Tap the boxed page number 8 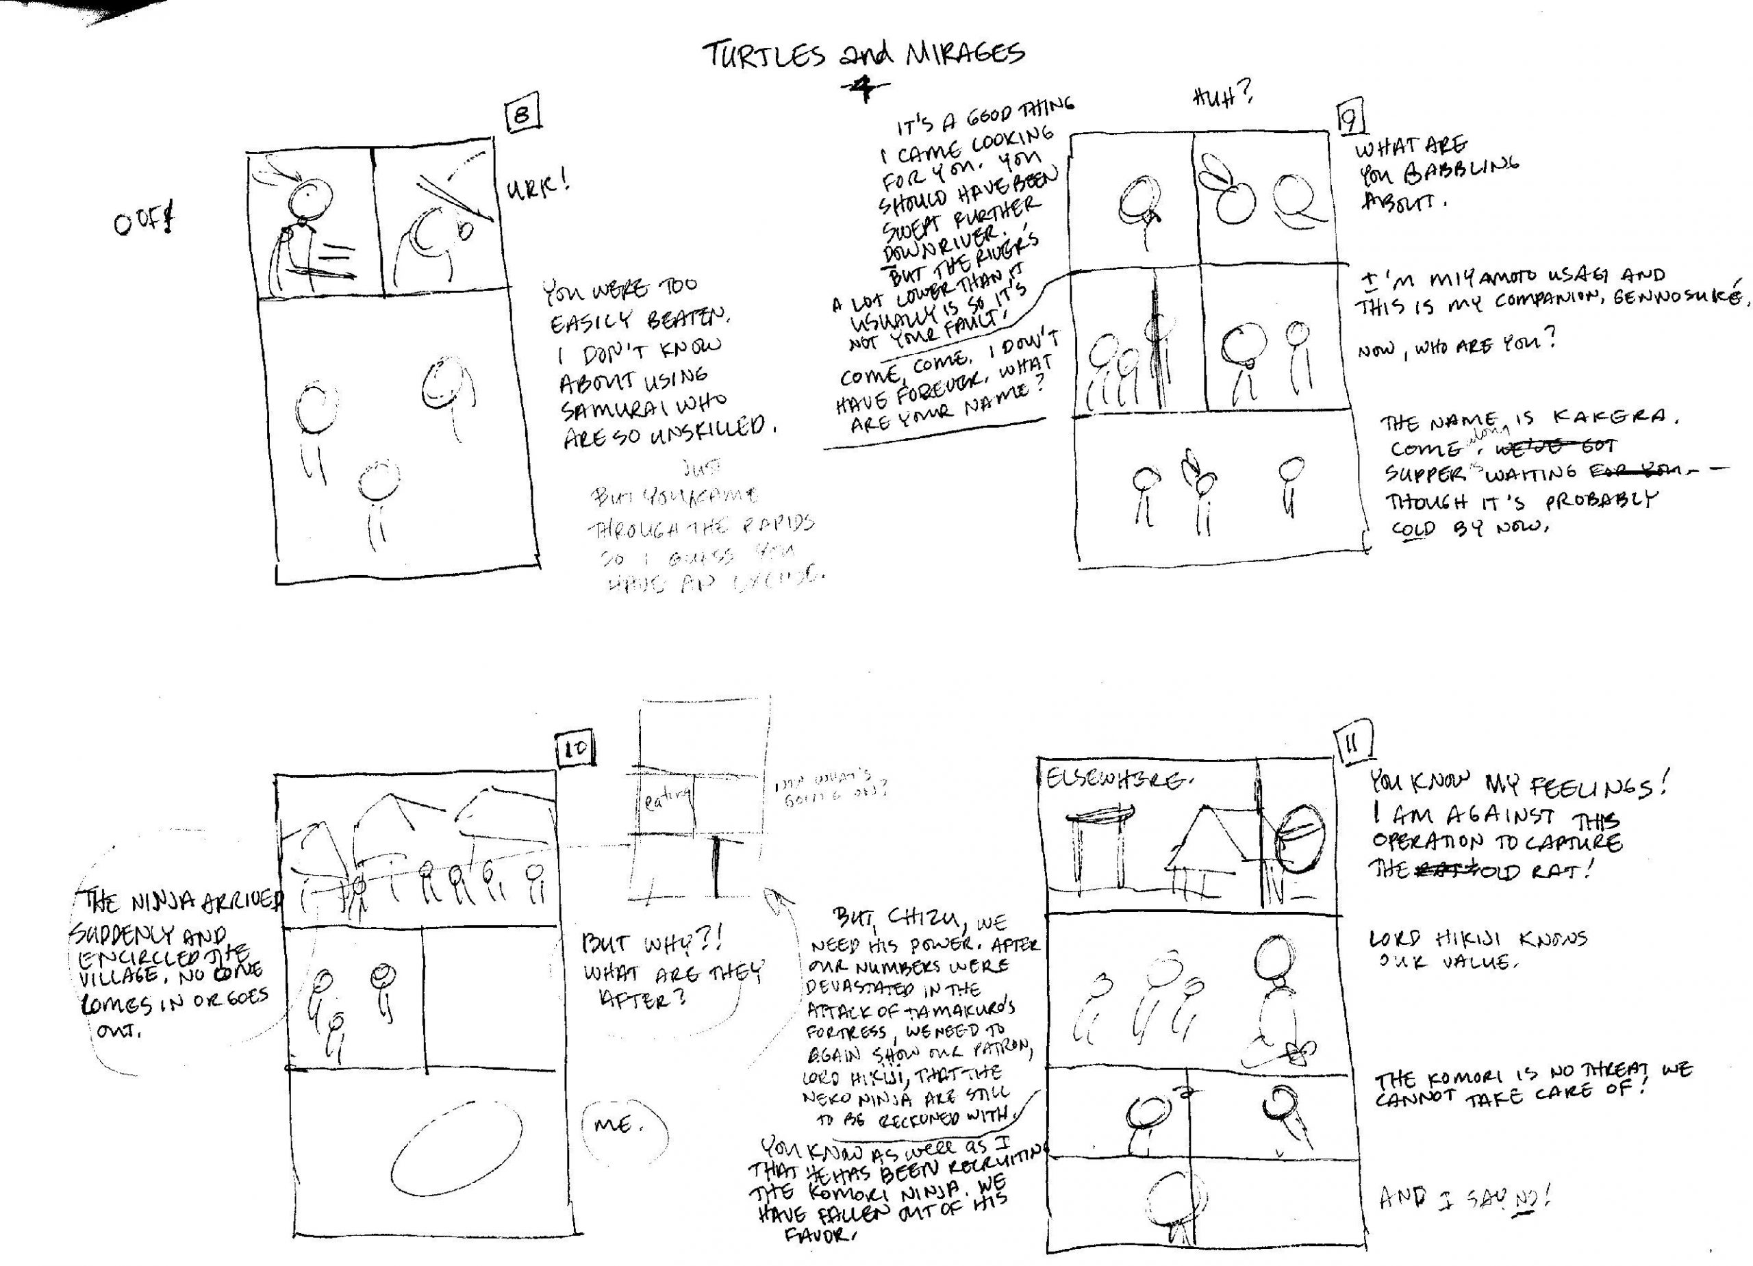coord(522,116)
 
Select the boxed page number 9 coord(1350,121)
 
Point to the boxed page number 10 coord(576,748)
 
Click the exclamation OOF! coord(143,223)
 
